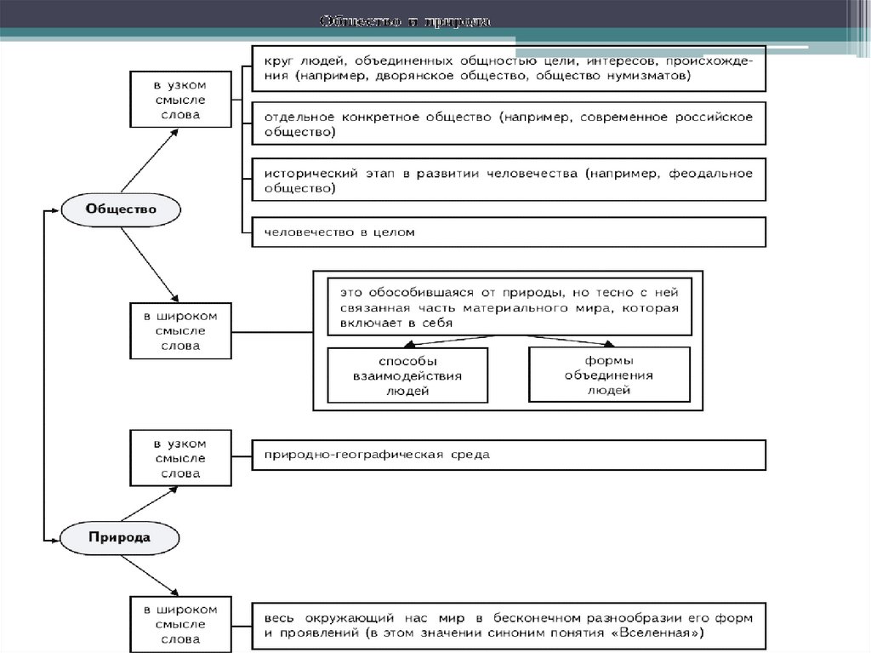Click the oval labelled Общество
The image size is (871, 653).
point(121,209)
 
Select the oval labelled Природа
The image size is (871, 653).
point(120,537)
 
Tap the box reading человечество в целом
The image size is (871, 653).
point(509,232)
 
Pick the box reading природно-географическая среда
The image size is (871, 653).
point(509,455)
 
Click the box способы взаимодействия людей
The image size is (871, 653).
point(407,375)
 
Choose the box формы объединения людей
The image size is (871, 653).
point(609,374)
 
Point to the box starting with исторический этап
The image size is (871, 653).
point(509,180)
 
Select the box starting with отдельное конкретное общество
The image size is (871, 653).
point(509,124)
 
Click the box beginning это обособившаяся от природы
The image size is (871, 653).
point(509,306)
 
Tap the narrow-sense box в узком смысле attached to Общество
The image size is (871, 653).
point(179,100)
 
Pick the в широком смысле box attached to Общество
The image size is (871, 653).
point(179,330)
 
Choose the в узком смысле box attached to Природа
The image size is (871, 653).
point(179,458)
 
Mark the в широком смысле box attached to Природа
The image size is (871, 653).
point(179,624)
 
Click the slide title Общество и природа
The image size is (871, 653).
point(405,20)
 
